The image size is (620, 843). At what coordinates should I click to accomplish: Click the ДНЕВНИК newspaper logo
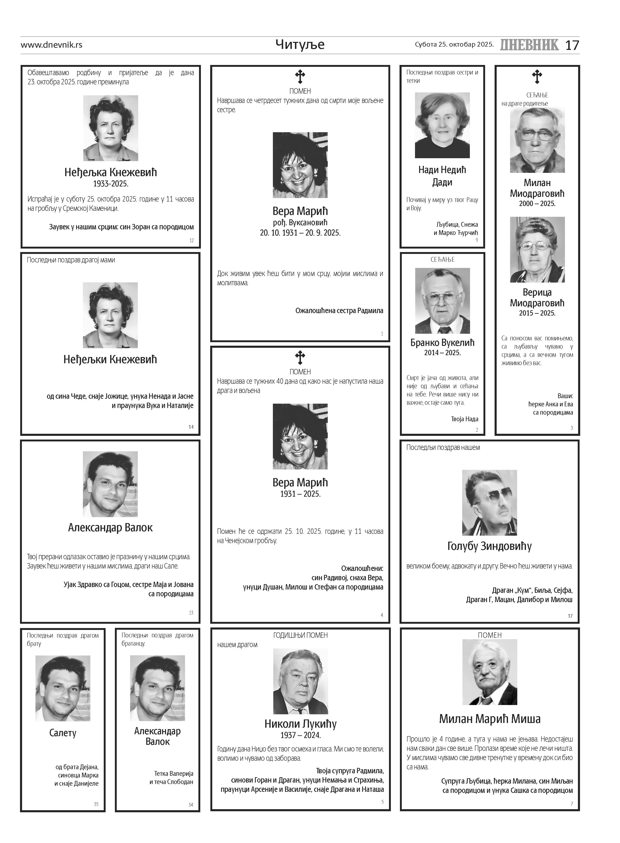[x=529, y=45]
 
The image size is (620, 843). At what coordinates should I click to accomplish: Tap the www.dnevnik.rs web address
[x=51, y=45]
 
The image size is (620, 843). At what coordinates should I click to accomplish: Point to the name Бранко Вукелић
[x=442, y=343]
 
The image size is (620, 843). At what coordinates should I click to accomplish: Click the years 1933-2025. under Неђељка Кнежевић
[x=111, y=184]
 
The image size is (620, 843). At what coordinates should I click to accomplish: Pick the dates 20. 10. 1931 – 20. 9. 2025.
[x=300, y=233]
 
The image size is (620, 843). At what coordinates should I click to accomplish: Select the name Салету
[x=63, y=733]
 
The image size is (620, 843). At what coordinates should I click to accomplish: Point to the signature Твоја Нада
[x=465, y=419]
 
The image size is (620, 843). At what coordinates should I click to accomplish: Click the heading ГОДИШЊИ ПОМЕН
[x=300, y=635]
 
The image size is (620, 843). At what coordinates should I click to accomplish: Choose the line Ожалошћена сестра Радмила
[x=339, y=311]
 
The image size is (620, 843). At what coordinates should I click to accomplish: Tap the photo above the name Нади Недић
[x=442, y=125]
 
